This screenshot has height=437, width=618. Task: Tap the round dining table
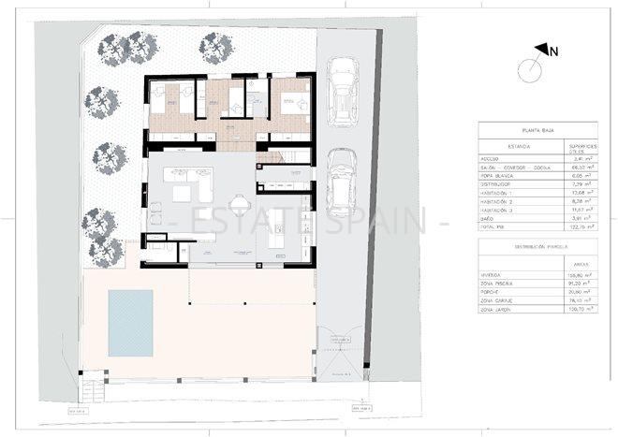[x=241, y=203]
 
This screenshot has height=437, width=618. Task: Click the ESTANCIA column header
[x=505, y=147]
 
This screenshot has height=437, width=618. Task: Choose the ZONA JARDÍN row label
[x=501, y=308]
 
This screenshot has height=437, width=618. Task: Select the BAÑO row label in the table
[x=492, y=218]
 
